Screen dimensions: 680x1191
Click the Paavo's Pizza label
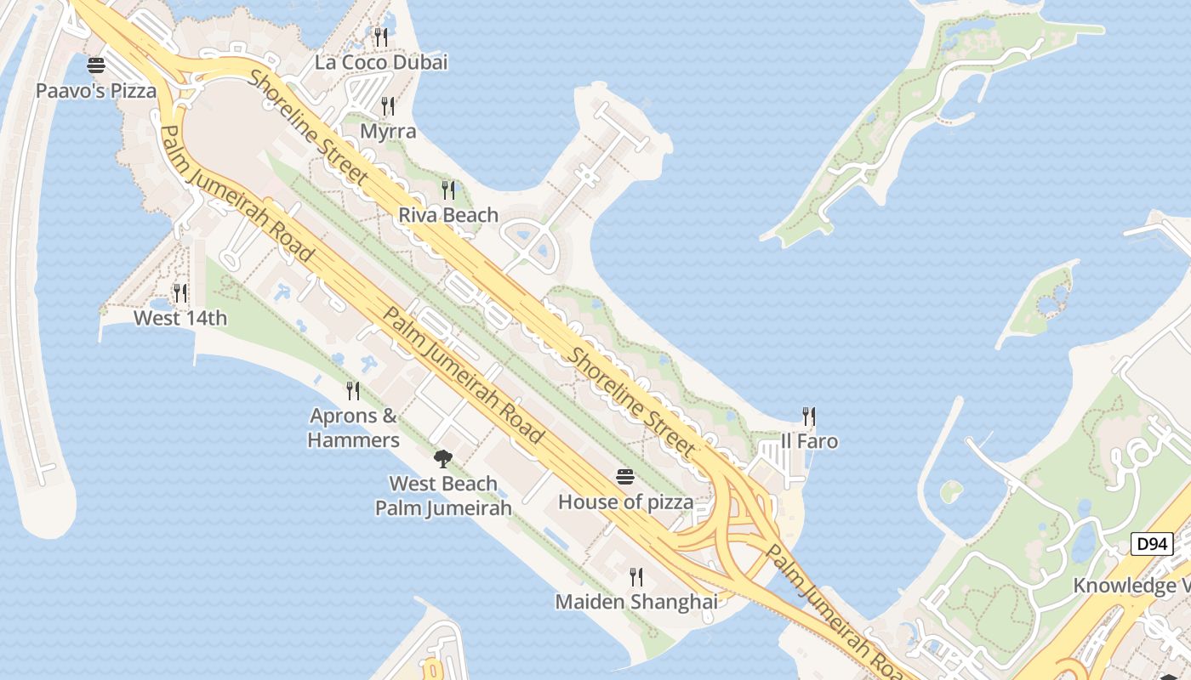[x=96, y=90]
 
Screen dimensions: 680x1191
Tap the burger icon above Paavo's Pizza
[x=96, y=65]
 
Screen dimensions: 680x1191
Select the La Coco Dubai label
[x=381, y=62]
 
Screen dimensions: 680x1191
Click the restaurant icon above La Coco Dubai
[x=381, y=37]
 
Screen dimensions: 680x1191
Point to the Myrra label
[x=388, y=131]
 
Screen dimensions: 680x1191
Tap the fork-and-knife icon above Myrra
[x=388, y=105]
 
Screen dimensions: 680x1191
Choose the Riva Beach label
[x=448, y=215]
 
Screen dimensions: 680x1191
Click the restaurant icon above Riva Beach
[x=448, y=190]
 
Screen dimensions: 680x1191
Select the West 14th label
[x=180, y=319]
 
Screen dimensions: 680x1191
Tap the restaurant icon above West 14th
[x=180, y=293]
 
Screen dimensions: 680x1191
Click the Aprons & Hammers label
[x=353, y=428]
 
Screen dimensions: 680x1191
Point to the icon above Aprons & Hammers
[x=353, y=391]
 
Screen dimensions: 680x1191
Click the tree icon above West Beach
[x=442, y=459]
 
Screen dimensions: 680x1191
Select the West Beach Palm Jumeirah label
[x=443, y=496]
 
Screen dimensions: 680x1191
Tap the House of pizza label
[x=625, y=502]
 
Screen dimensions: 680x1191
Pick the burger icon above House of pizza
[x=625, y=477]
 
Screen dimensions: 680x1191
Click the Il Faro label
[x=809, y=441]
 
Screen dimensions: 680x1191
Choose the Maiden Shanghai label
[x=636, y=602]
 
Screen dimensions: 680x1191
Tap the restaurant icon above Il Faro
[x=809, y=416]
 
